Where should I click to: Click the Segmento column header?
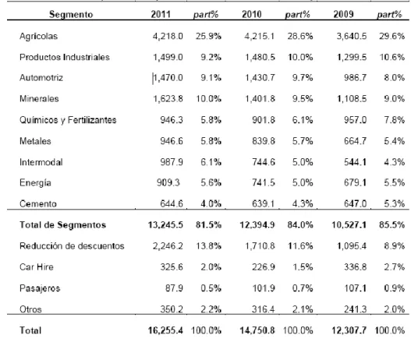(71, 14)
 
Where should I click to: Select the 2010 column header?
(252, 14)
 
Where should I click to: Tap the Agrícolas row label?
(38, 36)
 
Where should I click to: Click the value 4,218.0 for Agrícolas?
(168, 36)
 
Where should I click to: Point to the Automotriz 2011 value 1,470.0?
(168, 78)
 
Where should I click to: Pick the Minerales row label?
(39, 99)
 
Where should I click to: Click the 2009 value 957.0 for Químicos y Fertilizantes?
(355, 120)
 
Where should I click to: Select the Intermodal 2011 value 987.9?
(172, 162)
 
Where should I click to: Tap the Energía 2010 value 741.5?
(264, 183)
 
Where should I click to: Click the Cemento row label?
(38, 203)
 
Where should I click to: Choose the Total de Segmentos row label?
(63, 225)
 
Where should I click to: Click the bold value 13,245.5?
(165, 225)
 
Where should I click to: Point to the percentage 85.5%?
(392, 225)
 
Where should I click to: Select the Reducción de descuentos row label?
(72, 246)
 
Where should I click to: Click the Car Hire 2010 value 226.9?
(264, 267)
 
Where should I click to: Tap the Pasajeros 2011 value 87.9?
(174, 288)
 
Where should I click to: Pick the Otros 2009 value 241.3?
(355, 309)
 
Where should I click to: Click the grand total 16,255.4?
(165, 330)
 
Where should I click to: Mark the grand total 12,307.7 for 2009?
(349, 330)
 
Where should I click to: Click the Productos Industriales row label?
(65, 57)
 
